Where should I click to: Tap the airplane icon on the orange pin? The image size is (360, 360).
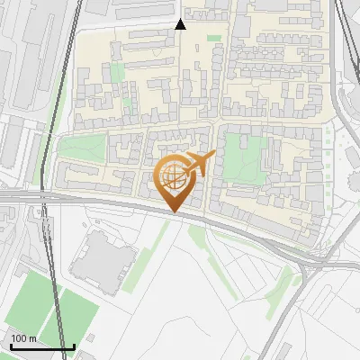198,164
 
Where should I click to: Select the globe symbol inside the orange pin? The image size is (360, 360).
175,178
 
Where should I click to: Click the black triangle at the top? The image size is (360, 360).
180,24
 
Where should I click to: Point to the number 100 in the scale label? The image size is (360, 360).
20,338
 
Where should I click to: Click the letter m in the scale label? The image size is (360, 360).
33,338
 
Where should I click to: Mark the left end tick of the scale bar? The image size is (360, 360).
11,346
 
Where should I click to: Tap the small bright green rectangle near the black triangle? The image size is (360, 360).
214,38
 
